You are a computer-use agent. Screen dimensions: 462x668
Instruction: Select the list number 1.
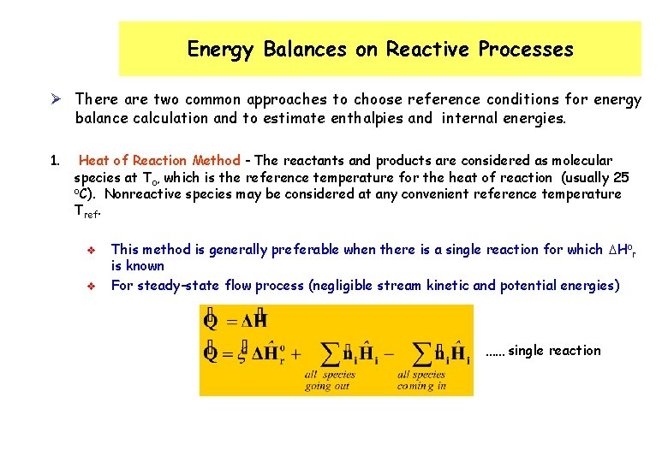click(x=54, y=161)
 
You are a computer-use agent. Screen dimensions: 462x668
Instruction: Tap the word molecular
click(x=582, y=161)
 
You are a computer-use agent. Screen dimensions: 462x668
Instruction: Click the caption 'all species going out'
click(x=331, y=380)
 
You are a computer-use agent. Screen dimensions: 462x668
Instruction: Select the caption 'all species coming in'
click(x=421, y=380)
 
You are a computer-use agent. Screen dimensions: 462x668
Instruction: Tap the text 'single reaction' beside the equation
click(x=554, y=351)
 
